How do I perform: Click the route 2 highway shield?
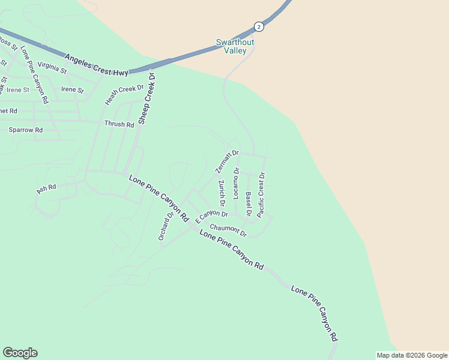[259, 27]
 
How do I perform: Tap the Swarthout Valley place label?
[231, 47]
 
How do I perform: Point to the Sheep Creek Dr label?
[146, 98]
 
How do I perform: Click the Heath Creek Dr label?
[125, 94]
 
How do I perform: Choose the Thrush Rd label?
[119, 124]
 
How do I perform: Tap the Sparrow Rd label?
[25, 130]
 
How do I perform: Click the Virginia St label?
[52, 67]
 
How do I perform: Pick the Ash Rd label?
[46, 189]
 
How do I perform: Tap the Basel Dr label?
[249, 204]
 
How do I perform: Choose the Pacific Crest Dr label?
[261, 195]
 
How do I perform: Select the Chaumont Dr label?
[228, 230]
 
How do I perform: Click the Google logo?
[20, 353]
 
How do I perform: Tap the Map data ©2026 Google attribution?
[411, 355]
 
